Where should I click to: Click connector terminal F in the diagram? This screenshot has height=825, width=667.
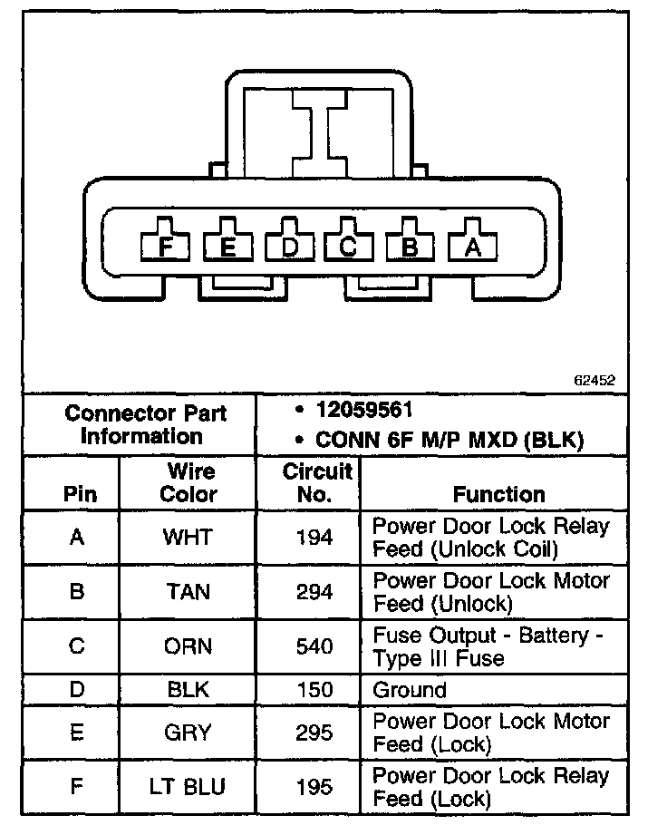point(164,246)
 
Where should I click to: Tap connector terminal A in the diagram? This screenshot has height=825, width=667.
point(471,246)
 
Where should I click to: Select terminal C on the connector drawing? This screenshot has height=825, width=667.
point(349,246)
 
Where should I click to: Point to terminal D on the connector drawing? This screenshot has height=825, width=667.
point(289,246)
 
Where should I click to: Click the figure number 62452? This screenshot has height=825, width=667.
point(594,381)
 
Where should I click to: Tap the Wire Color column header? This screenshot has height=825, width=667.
point(188,482)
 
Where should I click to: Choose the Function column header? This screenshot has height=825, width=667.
point(499,494)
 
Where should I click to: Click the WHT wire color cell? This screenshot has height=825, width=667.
point(188,538)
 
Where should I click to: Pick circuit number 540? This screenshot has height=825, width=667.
point(314,647)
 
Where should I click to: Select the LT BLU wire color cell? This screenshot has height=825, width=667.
point(188,787)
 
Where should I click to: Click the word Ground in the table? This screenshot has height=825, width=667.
point(410,690)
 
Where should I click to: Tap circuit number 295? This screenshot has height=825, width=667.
point(314,733)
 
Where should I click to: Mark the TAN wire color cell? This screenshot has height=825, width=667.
point(188,592)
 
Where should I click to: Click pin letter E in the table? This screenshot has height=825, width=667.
point(77,733)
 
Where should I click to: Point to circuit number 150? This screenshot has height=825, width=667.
point(314,690)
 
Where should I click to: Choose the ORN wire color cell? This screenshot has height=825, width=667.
point(188,647)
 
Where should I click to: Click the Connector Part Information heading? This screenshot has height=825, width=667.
point(145,424)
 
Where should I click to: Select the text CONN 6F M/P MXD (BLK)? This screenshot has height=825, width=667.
point(449,440)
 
